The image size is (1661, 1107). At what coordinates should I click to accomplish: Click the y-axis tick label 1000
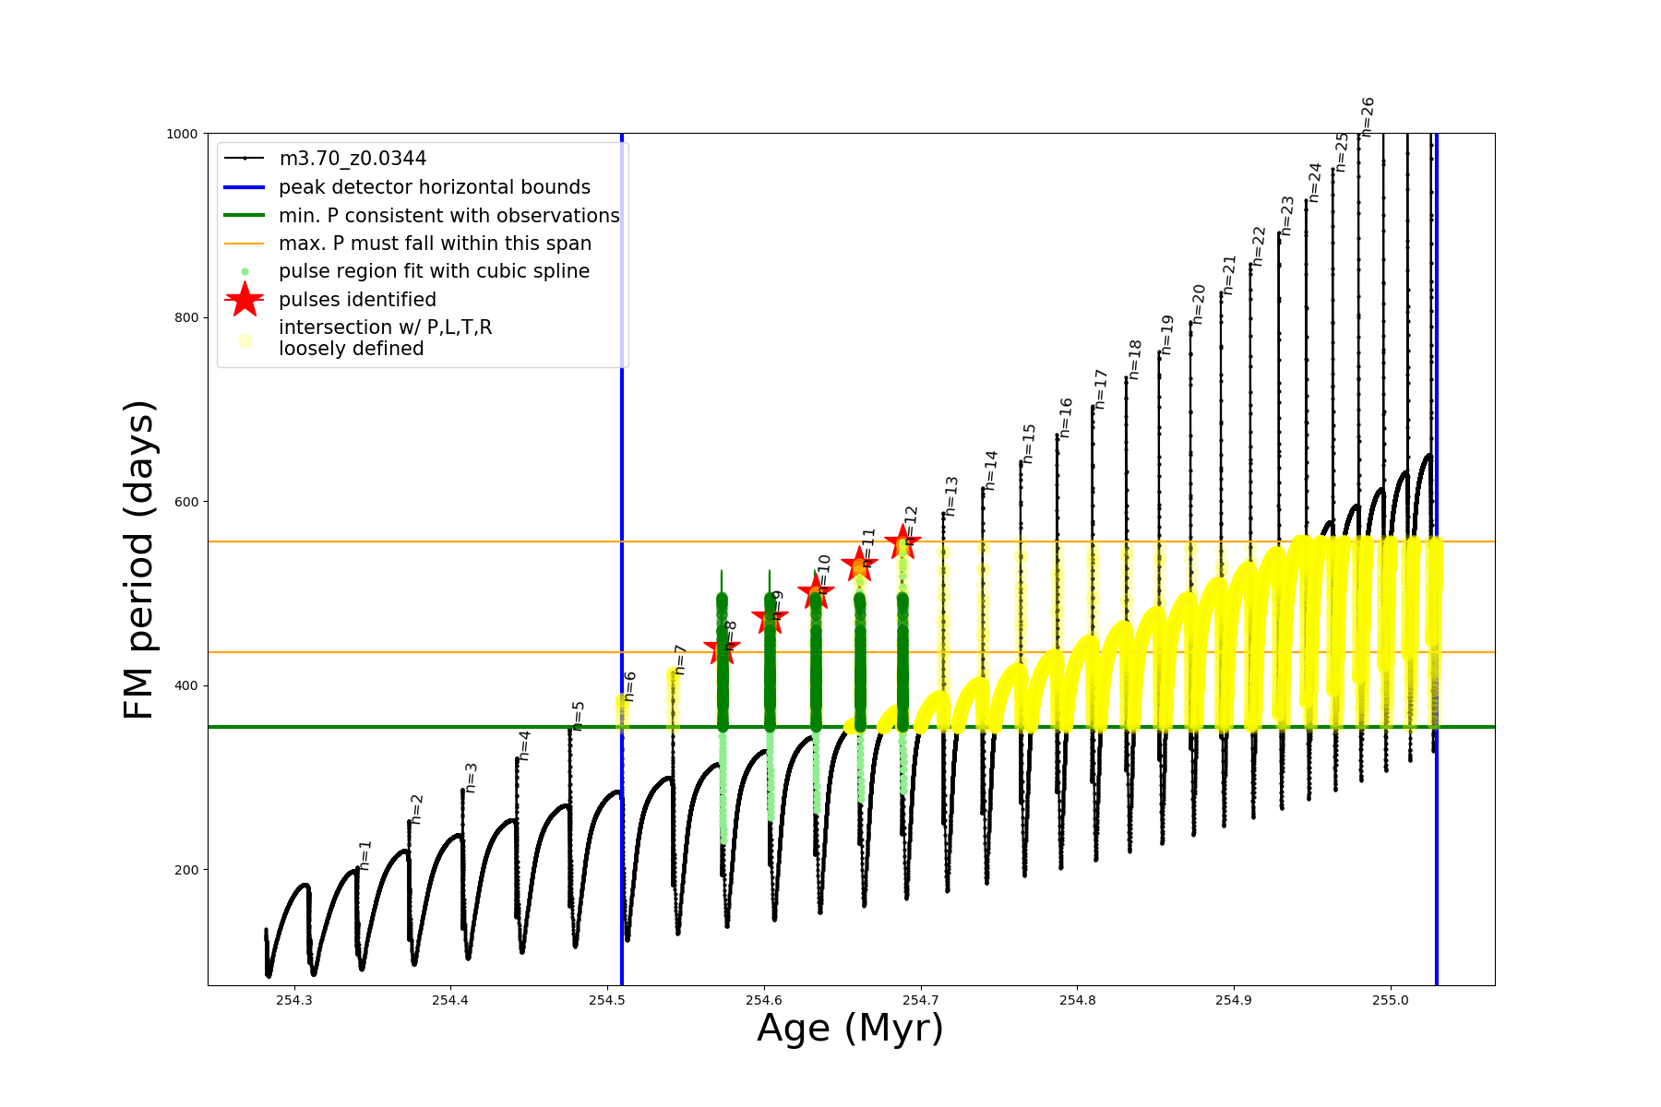tap(182, 134)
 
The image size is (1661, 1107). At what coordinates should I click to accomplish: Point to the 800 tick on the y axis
tap(187, 317)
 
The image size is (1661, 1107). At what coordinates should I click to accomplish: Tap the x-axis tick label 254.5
tap(606, 1000)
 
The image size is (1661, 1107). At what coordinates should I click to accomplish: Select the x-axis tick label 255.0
tap(1391, 1000)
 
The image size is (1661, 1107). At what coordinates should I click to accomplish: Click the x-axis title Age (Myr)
tap(850, 1029)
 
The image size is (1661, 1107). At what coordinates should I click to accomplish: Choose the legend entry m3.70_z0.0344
tap(353, 159)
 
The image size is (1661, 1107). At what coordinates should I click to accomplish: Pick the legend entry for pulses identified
tap(357, 300)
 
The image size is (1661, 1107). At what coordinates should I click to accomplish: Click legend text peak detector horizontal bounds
tap(434, 187)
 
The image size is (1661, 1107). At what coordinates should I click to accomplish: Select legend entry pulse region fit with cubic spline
tap(434, 271)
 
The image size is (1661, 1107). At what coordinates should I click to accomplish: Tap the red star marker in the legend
tap(245, 299)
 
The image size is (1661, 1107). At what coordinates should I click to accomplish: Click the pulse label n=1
tap(365, 855)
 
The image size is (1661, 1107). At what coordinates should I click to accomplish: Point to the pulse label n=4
tap(524, 744)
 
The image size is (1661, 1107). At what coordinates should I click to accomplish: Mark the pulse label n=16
tap(1066, 417)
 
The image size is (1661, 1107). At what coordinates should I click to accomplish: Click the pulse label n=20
tap(1199, 304)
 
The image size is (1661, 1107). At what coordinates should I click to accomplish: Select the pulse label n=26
tap(1368, 116)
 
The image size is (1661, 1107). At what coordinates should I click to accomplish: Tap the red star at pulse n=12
tap(902, 542)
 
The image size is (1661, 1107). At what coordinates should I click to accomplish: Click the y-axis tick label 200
tap(187, 870)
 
